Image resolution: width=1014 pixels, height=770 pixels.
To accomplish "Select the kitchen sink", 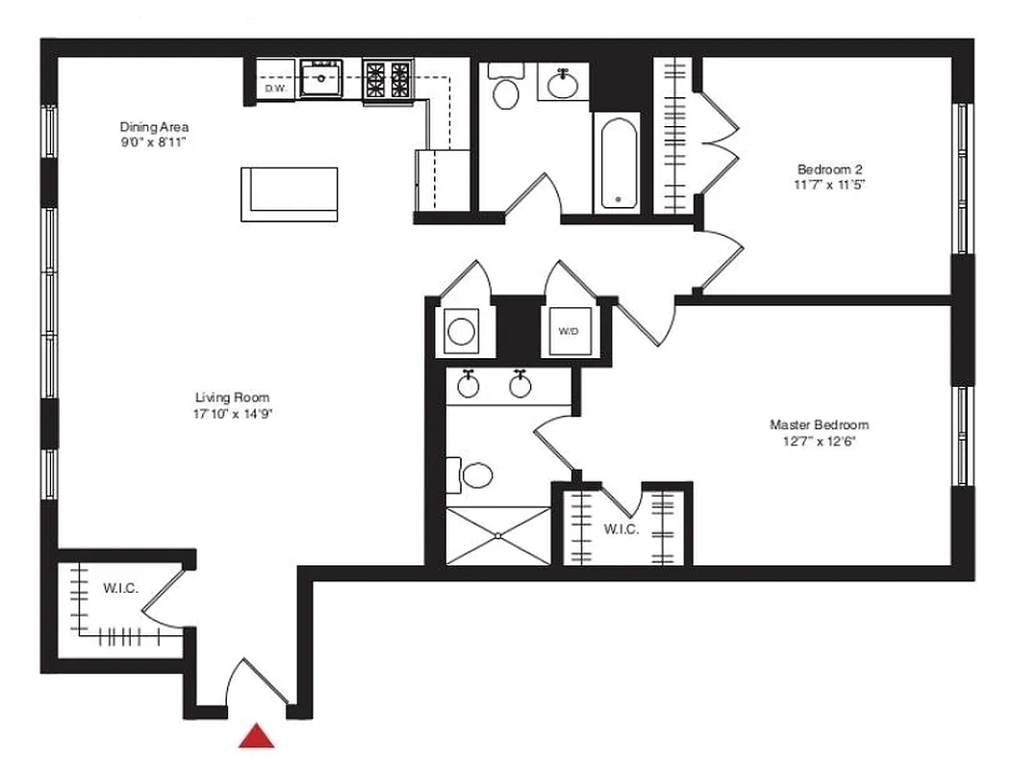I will pyautogui.click(x=321, y=79).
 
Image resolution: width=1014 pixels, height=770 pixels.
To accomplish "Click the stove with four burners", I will pyautogui.click(x=388, y=79).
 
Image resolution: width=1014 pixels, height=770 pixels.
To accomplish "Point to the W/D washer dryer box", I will pyautogui.click(x=569, y=331).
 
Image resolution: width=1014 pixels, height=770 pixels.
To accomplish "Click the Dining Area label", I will pyautogui.click(x=154, y=127).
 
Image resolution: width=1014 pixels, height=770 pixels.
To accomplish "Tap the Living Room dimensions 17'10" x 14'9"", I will pyautogui.click(x=232, y=415).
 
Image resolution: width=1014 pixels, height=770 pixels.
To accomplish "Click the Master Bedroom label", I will pyautogui.click(x=819, y=424).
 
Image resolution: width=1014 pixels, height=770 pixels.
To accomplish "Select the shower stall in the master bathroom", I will pyautogui.click(x=498, y=536).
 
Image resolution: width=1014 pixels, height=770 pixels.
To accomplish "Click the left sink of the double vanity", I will pyautogui.click(x=469, y=386).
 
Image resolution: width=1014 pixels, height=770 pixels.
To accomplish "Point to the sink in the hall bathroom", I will pyautogui.click(x=563, y=85).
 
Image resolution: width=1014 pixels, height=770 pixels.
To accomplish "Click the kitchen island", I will pyautogui.click(x=289, y=193).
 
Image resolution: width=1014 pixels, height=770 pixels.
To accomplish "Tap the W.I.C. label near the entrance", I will pyautogui.click(x=120, y=588).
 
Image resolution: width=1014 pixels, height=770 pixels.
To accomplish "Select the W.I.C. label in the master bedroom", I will pyautogui.click(x=621, y=529).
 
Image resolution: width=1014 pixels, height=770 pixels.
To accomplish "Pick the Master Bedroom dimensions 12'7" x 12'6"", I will pyautogui.click(x=819, y=442).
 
